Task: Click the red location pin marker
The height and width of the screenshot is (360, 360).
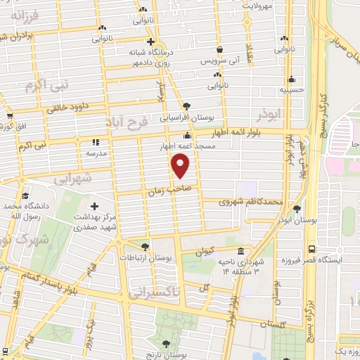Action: (x=181, y=167)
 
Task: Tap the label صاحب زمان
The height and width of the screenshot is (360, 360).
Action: (x=165, y=190)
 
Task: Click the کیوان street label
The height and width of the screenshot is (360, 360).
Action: (x=205, y=250)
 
